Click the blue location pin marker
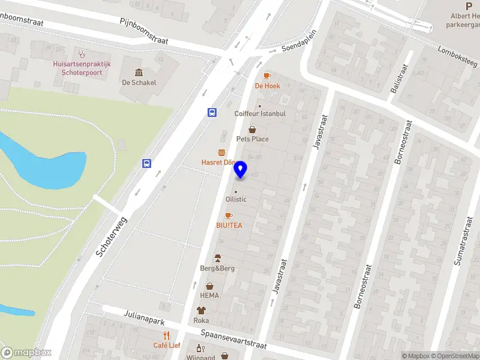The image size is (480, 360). (241, 170)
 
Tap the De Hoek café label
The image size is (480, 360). (267, 86)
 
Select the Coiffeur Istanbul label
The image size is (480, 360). (260, 113)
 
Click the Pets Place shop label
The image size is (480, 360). (252, 139)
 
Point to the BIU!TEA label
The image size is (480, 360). (229, 225)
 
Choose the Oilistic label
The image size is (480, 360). (235, 199)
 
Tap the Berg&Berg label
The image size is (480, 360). (217, 268)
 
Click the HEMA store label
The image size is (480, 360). (209, 295)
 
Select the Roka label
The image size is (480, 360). (201, 320)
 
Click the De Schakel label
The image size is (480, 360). (139, 82)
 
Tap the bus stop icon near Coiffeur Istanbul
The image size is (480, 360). (212, 112)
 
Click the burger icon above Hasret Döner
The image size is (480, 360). (222, 153)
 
